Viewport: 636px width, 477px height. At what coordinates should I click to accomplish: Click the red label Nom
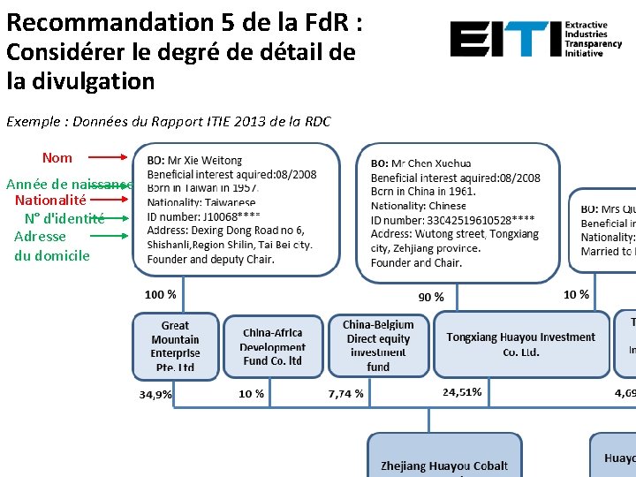point(57,158)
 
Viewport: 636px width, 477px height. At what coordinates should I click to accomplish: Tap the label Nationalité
point(50,201)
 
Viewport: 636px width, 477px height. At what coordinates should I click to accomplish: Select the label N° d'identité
point(64,218)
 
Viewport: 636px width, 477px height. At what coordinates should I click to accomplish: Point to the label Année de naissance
point(70,185)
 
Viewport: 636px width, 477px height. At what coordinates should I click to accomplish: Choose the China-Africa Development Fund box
point(272,347)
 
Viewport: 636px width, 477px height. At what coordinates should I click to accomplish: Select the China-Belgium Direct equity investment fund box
point(378,345)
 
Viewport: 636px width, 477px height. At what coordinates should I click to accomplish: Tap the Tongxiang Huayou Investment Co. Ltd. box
point(520,344)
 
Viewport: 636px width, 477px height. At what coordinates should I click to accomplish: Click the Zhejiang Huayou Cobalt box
point(444,459)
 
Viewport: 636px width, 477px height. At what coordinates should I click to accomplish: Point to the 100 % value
point(160,294)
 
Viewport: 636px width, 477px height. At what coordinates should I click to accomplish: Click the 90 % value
point(431,297)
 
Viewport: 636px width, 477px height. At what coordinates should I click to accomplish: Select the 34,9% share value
point(155,394)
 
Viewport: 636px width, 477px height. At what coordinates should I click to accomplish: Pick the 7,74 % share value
point(345,394)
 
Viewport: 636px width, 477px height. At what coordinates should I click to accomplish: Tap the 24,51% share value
point(462,392)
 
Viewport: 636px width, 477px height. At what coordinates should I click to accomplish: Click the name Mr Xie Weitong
point(204,161)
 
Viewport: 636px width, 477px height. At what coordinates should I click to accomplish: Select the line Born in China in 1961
point(423,192)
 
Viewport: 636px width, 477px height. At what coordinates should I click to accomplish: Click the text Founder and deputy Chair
point(210,260)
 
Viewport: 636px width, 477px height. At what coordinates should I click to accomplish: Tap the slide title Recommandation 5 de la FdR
point(183,21)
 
